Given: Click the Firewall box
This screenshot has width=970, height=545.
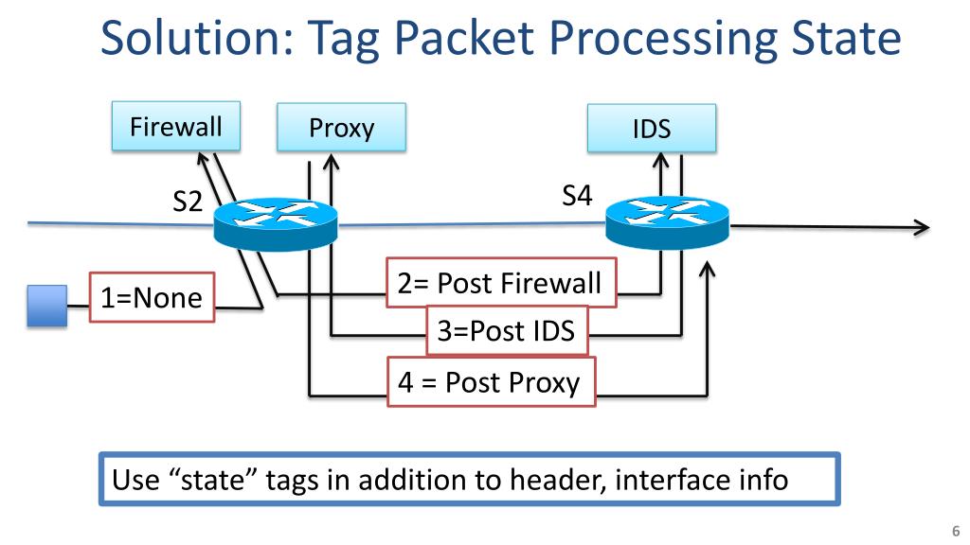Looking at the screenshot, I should tap(176, 126).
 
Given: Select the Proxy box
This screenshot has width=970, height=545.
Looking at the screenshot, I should tap(341, 128).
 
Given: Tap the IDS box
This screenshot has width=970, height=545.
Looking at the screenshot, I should tap(652, 129).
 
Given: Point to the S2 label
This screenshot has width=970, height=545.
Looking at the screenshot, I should tap(188, 201).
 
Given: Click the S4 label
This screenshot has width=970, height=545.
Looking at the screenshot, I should tap(577, 196).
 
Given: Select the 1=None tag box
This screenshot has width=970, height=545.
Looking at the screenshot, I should tap(152, 298).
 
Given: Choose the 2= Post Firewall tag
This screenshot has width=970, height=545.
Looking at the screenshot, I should tap(500, 282).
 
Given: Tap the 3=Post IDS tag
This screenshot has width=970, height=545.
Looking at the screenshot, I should tap(507, 331).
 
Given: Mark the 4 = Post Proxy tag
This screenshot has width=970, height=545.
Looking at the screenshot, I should tap(491, 381).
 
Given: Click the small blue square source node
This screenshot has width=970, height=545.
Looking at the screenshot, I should tap(46, 307).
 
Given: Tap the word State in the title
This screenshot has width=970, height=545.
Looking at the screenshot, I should tap(837, 40).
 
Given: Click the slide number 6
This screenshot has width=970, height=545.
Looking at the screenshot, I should tap(955, 531).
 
